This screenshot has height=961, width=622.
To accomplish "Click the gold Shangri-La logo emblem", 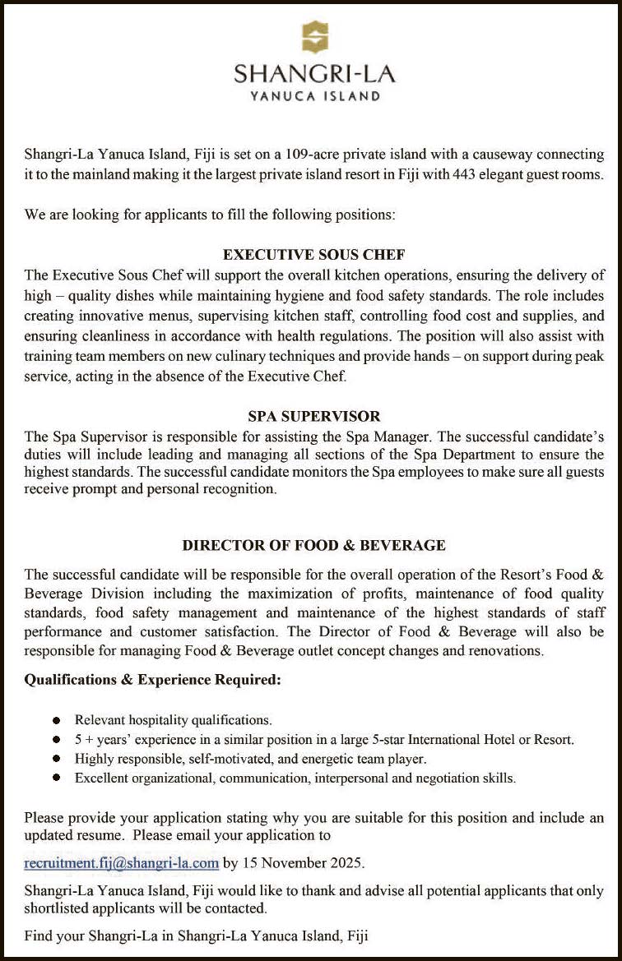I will coord(315,38).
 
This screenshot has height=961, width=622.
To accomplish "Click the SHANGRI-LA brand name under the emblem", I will coord(315,74).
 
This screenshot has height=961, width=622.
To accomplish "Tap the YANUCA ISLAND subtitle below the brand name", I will coord(315,96).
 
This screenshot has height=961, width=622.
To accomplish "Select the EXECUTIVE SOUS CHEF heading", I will coord(314,255).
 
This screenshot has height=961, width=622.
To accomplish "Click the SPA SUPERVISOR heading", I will coord(314,417).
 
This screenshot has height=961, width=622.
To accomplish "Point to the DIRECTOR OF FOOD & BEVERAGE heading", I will coord(314,545).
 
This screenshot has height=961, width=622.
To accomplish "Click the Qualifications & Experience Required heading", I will coord(153,681).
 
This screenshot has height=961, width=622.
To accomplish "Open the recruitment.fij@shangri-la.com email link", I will coord(122,863).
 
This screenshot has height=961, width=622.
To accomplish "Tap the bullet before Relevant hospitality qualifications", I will coord(56,720).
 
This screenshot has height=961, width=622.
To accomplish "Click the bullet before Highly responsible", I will coord(56,759).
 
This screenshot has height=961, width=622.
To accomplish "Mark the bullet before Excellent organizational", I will coord(56,778).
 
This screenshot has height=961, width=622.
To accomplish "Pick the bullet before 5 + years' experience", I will coord(56,740).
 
